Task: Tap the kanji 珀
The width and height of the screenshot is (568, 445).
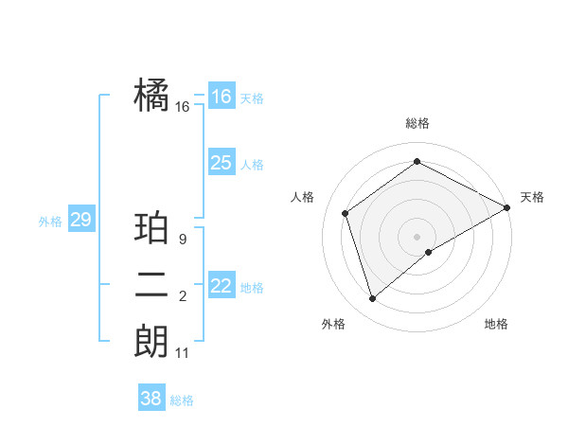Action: pyautogui.click(x=151, y=228)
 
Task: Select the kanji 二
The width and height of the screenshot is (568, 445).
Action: pyautogui.click(x=151, y=285)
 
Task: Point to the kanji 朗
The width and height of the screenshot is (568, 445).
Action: pyautogui.click(x=151, y=341)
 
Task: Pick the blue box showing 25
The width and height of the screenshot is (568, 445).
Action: pyautogui.click(x=221, y=162)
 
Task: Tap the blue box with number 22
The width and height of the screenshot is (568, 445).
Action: pyautogui.click(x=221, y=285)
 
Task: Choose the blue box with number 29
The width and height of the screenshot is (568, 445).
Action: pyautogui.click(x=80, y=220)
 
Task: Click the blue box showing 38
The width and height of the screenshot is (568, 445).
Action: pyautogui.click(x=151, y=399)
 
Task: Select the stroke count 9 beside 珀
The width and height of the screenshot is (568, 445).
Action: pyautogui.click(x=183, y=240)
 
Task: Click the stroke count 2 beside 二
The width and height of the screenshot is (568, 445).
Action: pyautogui.click(x=183, y=297)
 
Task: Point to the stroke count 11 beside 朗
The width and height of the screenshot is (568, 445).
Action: pyautogui.click(x=183, y=353)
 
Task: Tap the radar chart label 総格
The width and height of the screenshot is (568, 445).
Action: pyautogui.click(x=417, y=123)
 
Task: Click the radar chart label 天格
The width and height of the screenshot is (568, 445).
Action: pyautogui.click(x=532, y=197)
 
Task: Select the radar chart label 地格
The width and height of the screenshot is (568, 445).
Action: pyautogui.click(x=496, y=324)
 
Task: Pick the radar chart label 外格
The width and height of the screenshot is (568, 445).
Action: pyautogui.click(x=333, y=324)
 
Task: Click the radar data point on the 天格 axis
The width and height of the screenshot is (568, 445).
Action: pyautogui.click(x=507, y=207)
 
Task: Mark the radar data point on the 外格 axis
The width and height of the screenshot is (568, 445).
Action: pyautogui.click(x=372, y=299)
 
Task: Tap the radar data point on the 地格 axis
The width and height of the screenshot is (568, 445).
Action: pyautogui.click(x=429, y=252)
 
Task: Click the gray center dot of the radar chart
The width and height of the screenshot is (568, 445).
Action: pyautogui.click(x=417, y=236)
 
